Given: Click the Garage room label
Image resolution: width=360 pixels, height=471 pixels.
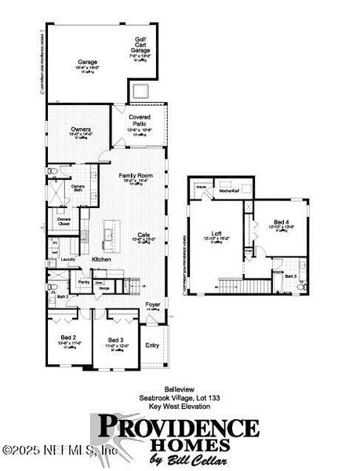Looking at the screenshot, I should (x=87, y=61).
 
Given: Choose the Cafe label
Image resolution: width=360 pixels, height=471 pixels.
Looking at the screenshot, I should (x=144, y=235).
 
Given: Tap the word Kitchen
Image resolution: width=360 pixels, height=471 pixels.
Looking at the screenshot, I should (x=102, y=258).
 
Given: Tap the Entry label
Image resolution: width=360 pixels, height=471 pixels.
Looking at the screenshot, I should (x=151, y=344).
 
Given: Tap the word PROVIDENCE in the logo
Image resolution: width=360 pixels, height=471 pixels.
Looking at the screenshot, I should (x=177, y=429).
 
